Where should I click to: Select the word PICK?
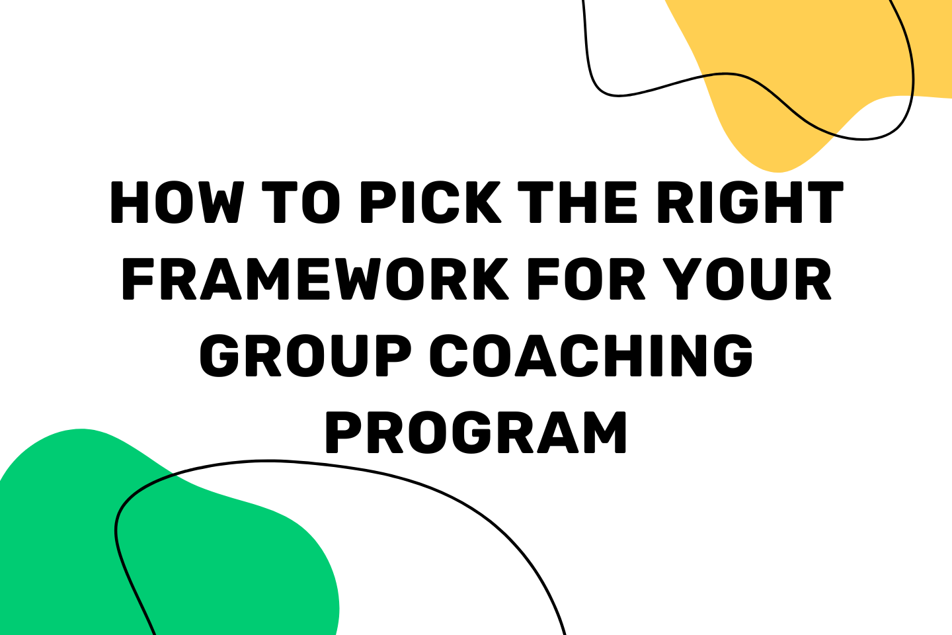[x=430, y=202]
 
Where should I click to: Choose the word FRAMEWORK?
[x=315, y=279]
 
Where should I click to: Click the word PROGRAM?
[x=476, y=433]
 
